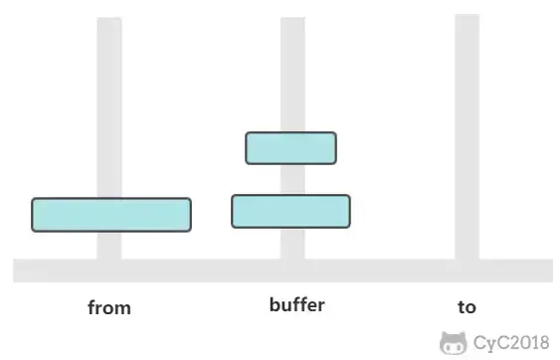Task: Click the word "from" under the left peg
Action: pyautogui.click(x=109, y=307)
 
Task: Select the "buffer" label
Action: pyautogui.click(x=297, y=304)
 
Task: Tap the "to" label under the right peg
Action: pyautogui.click(x=467, y=306)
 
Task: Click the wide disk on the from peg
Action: pyautogui.click(x=111, y=215)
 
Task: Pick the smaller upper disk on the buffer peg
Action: pyautogui.click(x=290, y=148)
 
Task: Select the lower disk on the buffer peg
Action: pyautogui.click(x=290, y=211)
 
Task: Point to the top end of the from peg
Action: pyautogui.click(x=109, y=18)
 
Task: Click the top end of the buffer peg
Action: pyautogui.click(x=292, y=18)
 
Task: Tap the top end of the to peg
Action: pyautogui.click(x=467, y=15)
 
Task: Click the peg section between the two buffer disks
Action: pyautogui.click(x=292, y=180)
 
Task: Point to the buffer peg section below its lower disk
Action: pyautogui.click(x=292, y=244)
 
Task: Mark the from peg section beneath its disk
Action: pyautogui.click(x=109, y=246)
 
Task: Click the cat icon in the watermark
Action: pyautogui.click(x=454, y=343)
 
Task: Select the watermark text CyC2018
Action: pyautogui.click(x=511, y=342)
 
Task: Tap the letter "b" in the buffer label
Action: pyautogui.click(x=276, y=304)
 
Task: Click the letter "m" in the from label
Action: pyautogui.click(x=122, y=309)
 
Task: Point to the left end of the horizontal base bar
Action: pyautogui.click(x=14, y=270)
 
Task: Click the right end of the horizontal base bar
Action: pyautogui.click(x=552, y=270)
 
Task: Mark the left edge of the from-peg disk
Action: pyautogui.click(x=32, y=215)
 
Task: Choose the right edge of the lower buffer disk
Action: pyautogui.click(x=350, y=211)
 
